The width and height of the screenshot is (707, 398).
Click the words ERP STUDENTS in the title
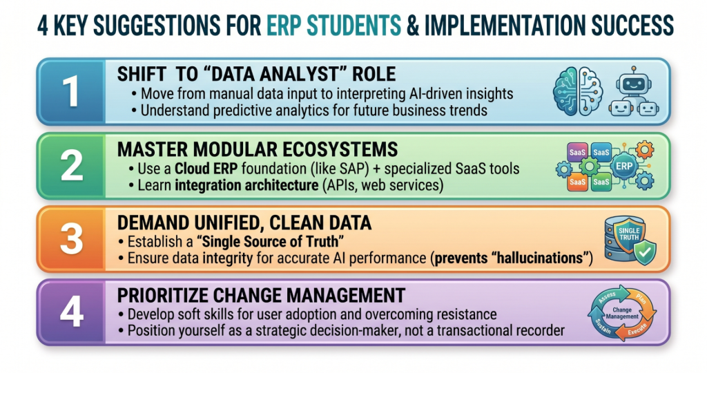tap(333, 26)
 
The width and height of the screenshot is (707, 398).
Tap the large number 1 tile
tap(71, 92)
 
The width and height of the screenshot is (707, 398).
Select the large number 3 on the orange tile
tap(72, 238)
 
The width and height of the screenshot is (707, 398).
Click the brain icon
tap(578, 91)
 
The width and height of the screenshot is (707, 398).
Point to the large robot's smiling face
tap(634, 84)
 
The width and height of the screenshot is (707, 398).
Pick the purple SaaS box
tap(577, 153)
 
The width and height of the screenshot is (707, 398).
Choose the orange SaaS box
tap(577, 182)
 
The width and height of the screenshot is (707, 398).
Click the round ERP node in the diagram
tap(624, 166)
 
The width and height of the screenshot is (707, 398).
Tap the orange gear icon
tap(644, 149)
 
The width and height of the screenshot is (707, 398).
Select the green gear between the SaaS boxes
tap(590, 167)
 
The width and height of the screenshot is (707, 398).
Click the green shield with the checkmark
tap(644, 253)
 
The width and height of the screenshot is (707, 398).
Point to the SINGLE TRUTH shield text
tap(629, 234)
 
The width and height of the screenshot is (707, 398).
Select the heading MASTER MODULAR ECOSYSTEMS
tap(258, 149)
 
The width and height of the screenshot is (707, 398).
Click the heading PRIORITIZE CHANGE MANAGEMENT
tap(261, 296)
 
